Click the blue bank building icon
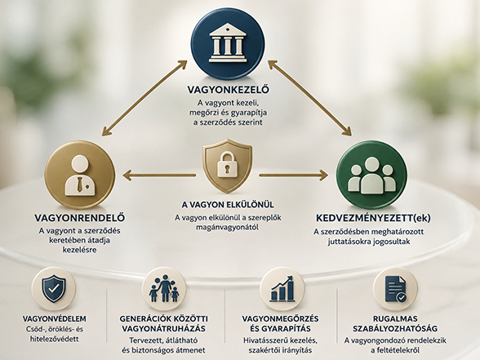(x=228, y=44)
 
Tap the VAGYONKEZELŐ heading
(x=228, y=90)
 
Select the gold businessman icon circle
(x=80, y=176)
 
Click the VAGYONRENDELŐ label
(x=80, y=218)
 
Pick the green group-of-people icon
(x=371, y=176)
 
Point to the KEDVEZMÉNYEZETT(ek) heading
(x=373, y=218)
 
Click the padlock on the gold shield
(x=228, y=165)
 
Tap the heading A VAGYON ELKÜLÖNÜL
(x=228, y=204)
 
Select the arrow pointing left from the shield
(x=159, y=176)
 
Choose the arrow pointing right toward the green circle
(x=293, y=176)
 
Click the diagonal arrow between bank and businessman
(x=144, y=98)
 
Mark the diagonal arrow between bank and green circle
(x=309, y=98)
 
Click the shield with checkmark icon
(x=54, y=289)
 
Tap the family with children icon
(x=164, y=289)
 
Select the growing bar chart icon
(x=282, y=288)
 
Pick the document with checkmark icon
(x=395, y=289)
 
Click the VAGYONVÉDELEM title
(x=55, y=319)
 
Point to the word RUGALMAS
(x=395, y=319)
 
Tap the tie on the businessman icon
(x=80, y=184)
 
